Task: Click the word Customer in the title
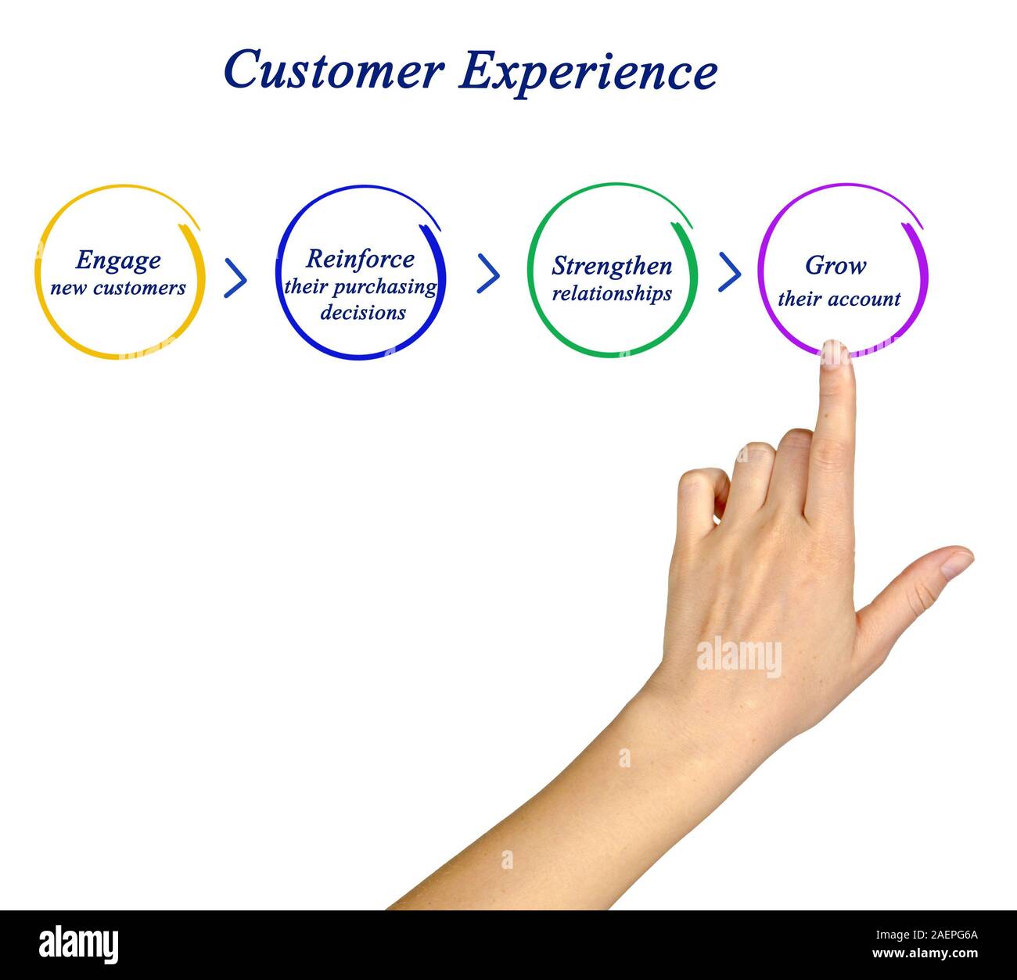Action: click(333, 70)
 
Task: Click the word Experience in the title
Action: click(588, 72)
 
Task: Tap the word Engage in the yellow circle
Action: click(118, 261)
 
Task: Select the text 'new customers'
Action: click(118, 288)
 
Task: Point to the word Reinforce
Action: click(360, 259)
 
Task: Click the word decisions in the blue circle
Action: click(363, 313)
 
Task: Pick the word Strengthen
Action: click(612, 266)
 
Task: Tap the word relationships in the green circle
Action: click(612, 294)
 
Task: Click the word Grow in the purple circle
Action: click(836, 266)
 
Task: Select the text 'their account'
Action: click(839, 299)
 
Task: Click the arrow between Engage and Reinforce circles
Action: click(235, 278)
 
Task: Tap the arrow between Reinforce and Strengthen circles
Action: click(488, 273)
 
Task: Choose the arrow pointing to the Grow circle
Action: click(729, 271)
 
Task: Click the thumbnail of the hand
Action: click(956, 562)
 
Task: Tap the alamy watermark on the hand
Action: click(738, 657)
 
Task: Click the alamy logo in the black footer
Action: click(79, 945)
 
